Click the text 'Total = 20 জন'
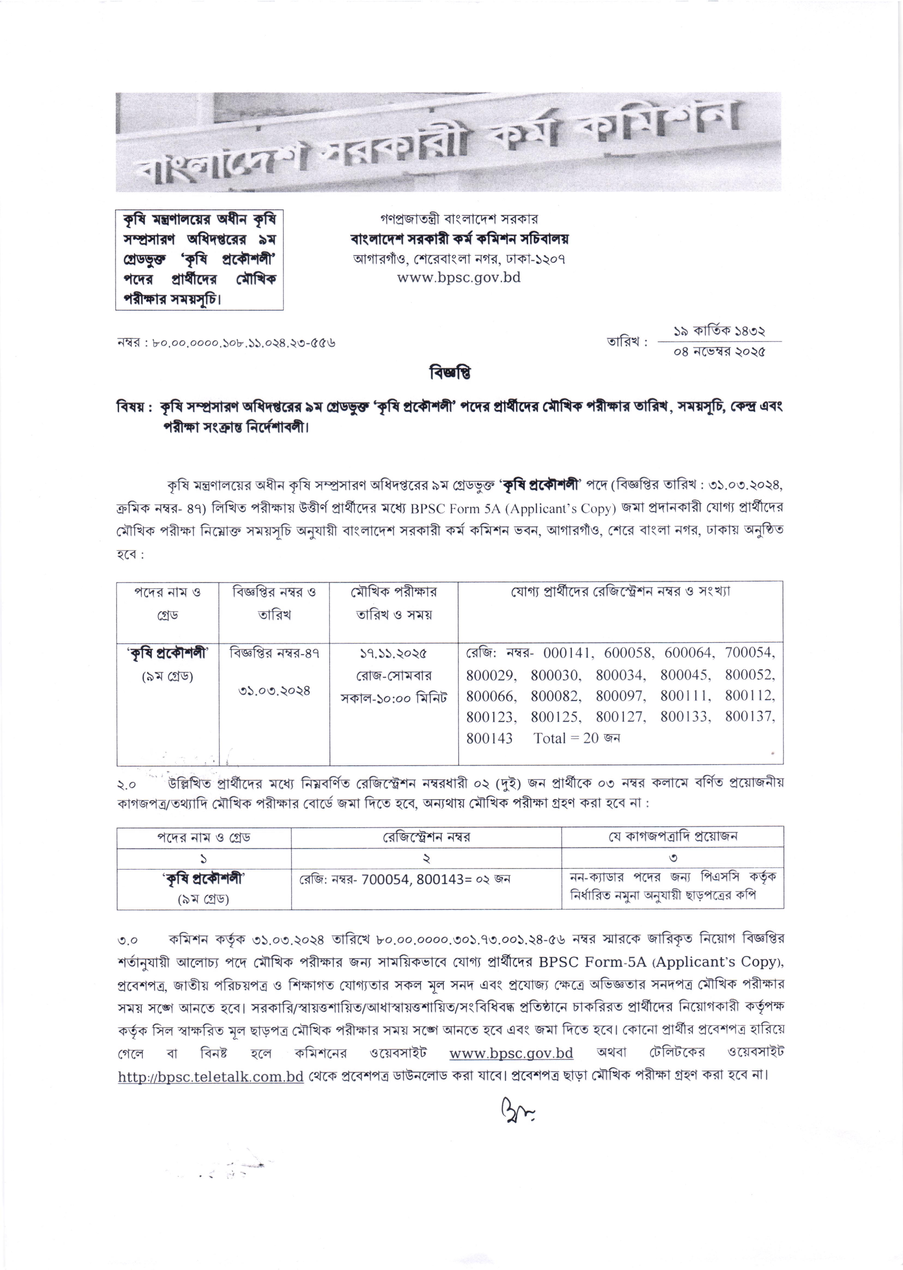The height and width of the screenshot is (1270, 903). click(577, 738)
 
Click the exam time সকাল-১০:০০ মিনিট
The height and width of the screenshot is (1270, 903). click(394, 698)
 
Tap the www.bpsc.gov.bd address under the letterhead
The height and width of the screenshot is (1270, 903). click(459, 277)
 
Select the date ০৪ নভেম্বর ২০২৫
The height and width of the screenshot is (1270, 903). click(720, 352)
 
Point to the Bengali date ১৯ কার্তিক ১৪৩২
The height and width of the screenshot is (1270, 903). click(720, 332)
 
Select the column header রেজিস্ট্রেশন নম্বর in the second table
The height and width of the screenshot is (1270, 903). click(426, 837)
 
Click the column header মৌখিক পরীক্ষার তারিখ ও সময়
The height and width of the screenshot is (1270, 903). click(394, 603)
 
